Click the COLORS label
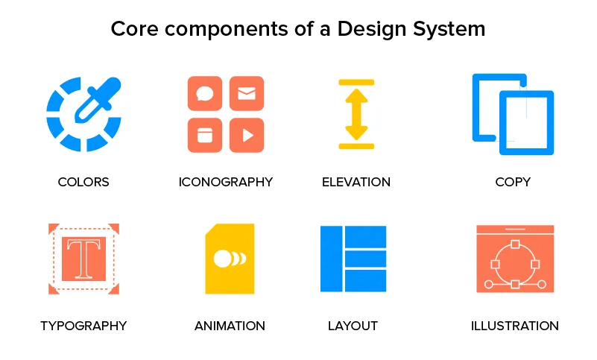click(x=83, y=182)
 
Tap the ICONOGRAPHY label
click(x=226, y=182)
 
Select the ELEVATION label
click(x=356, y=182)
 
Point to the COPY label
click(x=513, y=182)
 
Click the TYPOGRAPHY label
click(x=83, y=326)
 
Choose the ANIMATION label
click(x=230, y=326)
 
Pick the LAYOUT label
click(x=353, y=326)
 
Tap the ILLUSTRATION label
click(x=514, y=326)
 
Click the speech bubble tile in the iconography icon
click(x=205, y=94)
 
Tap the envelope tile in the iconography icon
click(x=247, y=94)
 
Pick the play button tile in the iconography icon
click(x=247, y=135)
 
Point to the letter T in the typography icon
click(x=83, y=258)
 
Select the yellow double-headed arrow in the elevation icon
click(x=356, y=114)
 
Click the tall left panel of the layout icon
click(x=331, y=258)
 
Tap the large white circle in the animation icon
click(x=221, y=259)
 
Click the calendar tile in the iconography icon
click(x=205, y=135)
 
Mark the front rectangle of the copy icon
click(x=526, y=123)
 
